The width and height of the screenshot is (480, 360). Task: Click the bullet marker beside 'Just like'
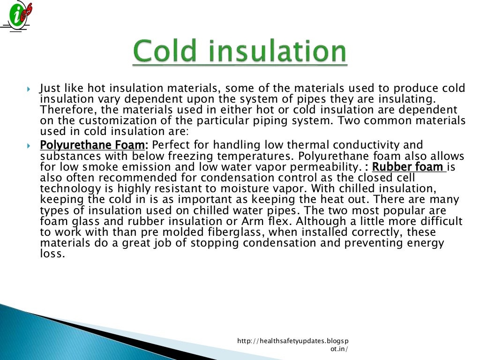[x=28, y=89]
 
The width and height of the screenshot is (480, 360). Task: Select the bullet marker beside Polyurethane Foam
[x=28, y=145]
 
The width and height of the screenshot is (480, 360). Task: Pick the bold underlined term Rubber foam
[x=408, y=166]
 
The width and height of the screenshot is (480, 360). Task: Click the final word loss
[x=51, y=254]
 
